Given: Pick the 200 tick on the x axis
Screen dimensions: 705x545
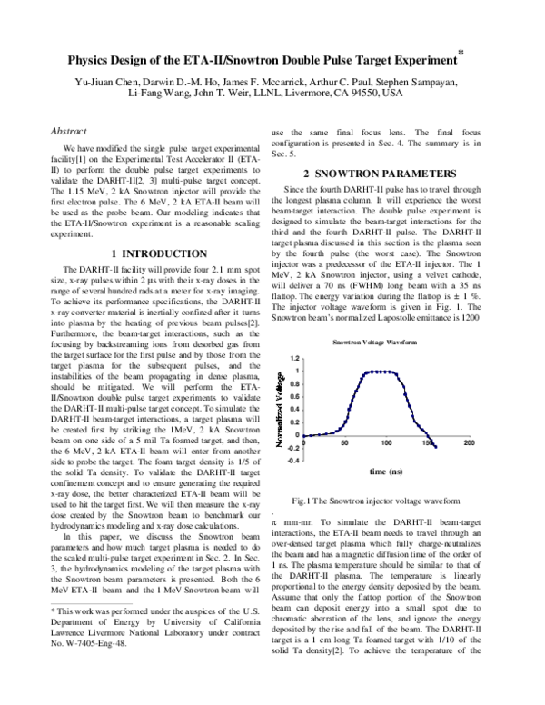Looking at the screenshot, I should pos(469,442).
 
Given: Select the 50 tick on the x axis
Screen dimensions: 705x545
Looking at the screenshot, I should pos(345,442).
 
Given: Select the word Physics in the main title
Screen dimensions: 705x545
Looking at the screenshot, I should pos(92,61).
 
